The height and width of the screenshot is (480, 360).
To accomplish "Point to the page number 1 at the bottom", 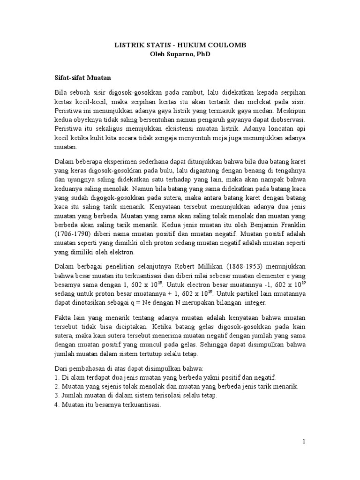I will pos(304,441).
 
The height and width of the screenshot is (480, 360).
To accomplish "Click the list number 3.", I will pos(57,395).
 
